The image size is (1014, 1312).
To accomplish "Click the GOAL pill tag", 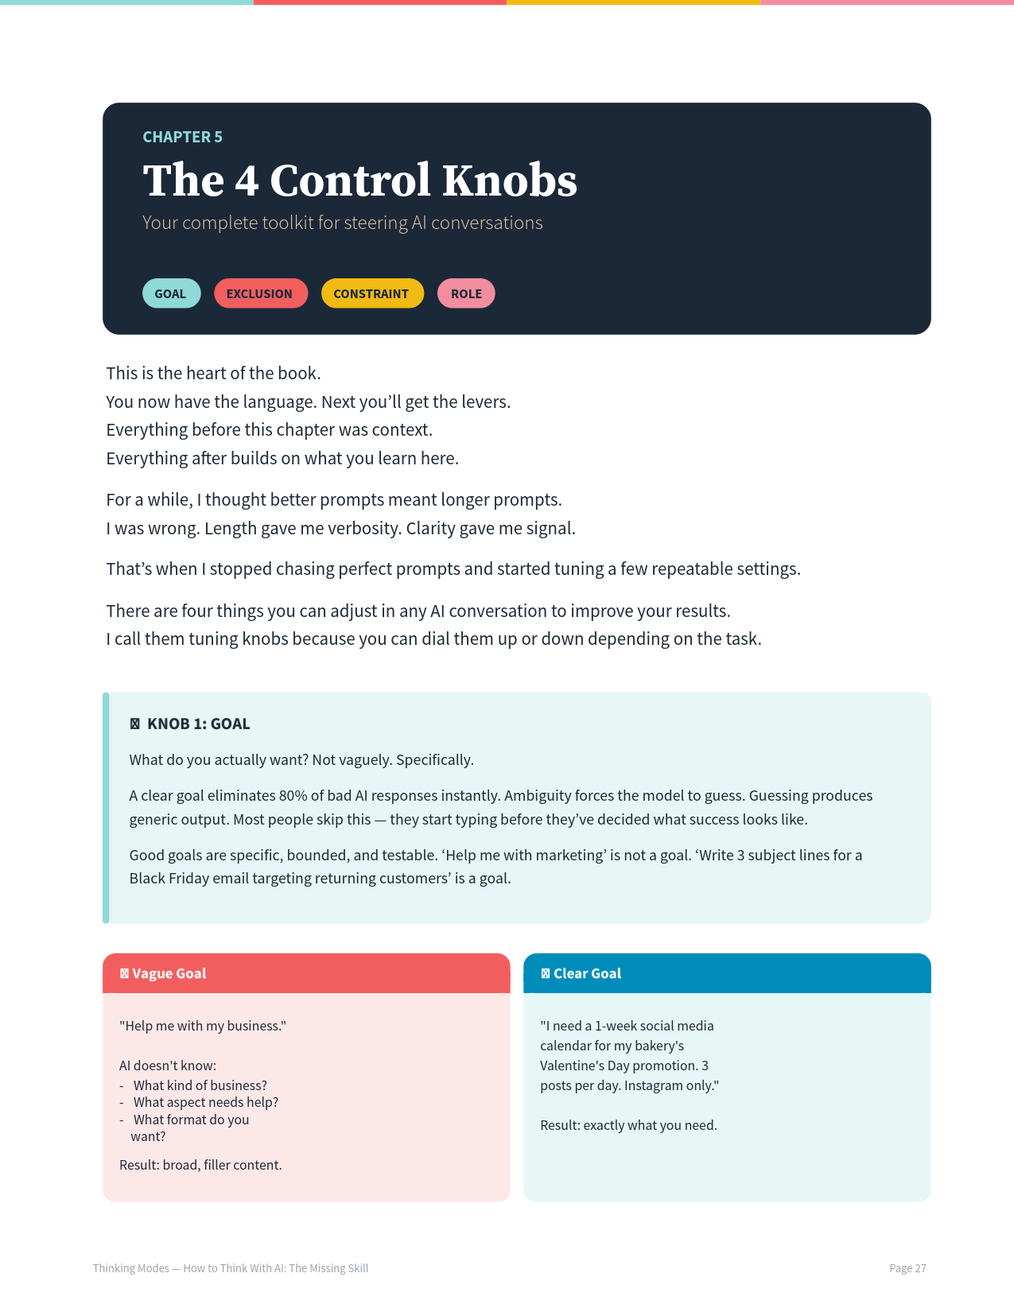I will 171,293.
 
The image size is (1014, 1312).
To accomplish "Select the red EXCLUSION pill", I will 260,293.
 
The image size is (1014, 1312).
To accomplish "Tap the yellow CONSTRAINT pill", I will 371,293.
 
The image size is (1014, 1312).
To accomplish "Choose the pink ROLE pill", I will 466,293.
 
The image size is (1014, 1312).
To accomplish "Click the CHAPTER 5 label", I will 182,137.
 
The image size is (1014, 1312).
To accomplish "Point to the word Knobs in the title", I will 509,180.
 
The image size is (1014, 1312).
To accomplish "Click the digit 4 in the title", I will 247,180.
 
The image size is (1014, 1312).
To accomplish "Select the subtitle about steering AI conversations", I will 342,223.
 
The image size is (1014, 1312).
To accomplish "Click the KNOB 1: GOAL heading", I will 198,724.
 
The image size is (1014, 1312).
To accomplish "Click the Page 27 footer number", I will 907,1268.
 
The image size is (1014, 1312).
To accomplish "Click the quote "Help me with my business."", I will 203,1026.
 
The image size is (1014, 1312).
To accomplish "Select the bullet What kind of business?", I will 200,1085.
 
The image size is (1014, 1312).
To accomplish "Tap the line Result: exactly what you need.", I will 628,1125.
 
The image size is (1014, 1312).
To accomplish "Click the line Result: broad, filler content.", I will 200,1165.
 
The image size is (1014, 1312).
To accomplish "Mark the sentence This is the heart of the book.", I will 213,373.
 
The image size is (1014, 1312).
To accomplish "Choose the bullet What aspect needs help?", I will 205,1102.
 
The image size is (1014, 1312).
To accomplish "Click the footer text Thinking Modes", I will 131,1268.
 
